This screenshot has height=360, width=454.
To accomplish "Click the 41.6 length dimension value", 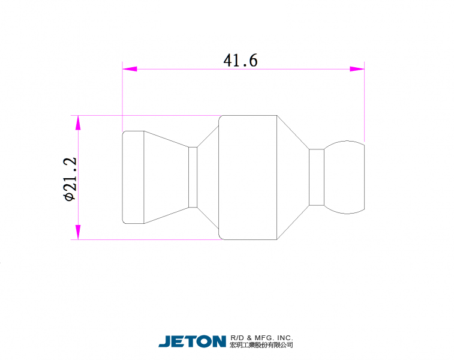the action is [x=240, y=61].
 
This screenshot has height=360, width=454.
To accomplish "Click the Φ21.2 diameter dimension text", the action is [x=70, y=179].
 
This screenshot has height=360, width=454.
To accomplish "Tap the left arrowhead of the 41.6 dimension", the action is [x=130, y=69].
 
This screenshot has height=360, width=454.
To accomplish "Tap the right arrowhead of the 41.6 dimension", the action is [x=357, y=69].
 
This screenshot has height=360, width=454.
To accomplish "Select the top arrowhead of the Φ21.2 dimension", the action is [x=78, y=123].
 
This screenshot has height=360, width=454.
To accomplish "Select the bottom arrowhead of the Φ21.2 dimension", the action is [x=78, y=232].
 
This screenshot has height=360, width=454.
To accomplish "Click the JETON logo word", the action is [x=193, y=341].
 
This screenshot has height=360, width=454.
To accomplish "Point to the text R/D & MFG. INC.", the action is [x=261, y=338].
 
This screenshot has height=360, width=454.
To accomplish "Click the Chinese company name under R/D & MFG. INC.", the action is [x=261, y=344].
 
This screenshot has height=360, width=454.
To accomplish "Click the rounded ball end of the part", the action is [x=345, y=177].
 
